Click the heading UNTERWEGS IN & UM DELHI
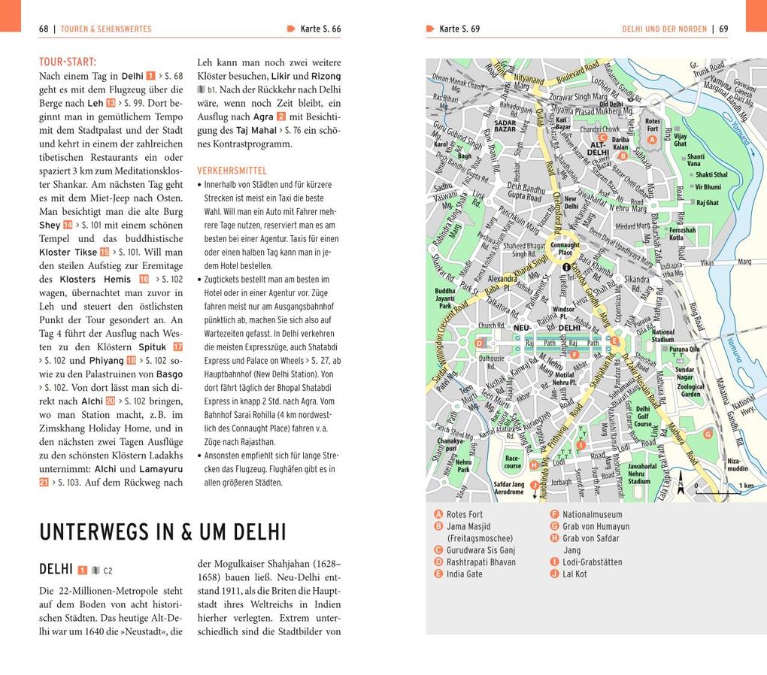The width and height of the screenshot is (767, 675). [x=162, y=532]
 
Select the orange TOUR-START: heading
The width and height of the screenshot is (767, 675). [x=68, y=62]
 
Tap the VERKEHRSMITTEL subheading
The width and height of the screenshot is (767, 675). [x=232, y=171]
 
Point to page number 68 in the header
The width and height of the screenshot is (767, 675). [x=44, y=29]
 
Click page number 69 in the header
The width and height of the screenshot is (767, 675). [x=723, y=29]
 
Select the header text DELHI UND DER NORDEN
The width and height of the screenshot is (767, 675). [x=664, y=29]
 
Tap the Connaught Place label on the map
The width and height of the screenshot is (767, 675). [x=565, y=248]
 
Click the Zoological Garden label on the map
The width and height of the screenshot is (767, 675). [x=690, y=390]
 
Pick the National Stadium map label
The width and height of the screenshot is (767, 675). [x=662, y=335]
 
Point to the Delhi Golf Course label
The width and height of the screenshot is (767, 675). [x=643, y=416]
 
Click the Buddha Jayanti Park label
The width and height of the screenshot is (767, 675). [x=444, y=298]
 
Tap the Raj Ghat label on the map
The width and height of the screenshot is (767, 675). [x=707, y=203]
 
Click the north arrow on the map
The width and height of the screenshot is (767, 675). [x=681, y=481]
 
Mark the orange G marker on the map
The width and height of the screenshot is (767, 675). [x=707, y=434]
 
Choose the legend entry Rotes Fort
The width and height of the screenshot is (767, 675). [x=464, y=515]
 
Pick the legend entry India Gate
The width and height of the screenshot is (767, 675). [x=465, y=574]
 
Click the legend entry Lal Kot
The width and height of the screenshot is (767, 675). [x=574, y=574]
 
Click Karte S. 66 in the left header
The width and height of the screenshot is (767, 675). [x=320, y=29]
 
